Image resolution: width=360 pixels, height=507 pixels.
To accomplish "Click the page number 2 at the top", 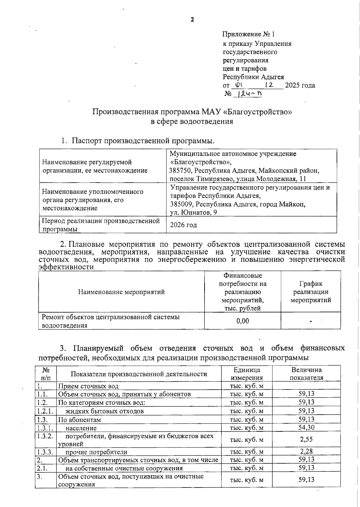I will click(x=192, y=20).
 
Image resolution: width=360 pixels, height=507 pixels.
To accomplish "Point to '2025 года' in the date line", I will click(x=300, y=85).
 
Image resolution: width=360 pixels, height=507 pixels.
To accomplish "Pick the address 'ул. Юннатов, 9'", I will click(x=193, y=212).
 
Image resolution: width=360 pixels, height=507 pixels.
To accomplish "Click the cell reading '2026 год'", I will click(x=183, y=225).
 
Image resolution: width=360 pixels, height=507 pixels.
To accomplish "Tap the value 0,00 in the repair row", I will click(x=242, y=321).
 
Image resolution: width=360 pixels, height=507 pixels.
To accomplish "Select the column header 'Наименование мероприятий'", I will click(x=121, y=292).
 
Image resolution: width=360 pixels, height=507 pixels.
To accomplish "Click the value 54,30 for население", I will click(x=306, y=427).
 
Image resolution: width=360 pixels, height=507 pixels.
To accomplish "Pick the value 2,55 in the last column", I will click(x=306, y=439).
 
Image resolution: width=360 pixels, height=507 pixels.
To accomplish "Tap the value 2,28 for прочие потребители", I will click(x=306, y=451).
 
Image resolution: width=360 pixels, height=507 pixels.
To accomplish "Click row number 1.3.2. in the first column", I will click(x=45, y=436).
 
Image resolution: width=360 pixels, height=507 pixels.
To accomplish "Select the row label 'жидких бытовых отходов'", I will click(x=104, y=411).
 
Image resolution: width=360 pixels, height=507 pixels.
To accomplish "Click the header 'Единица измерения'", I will click(x=247, y=374).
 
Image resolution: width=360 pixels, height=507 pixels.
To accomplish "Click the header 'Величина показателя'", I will click(x=306, y=374).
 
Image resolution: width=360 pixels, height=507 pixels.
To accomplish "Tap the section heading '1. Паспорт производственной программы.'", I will click(x=138, y=141).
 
